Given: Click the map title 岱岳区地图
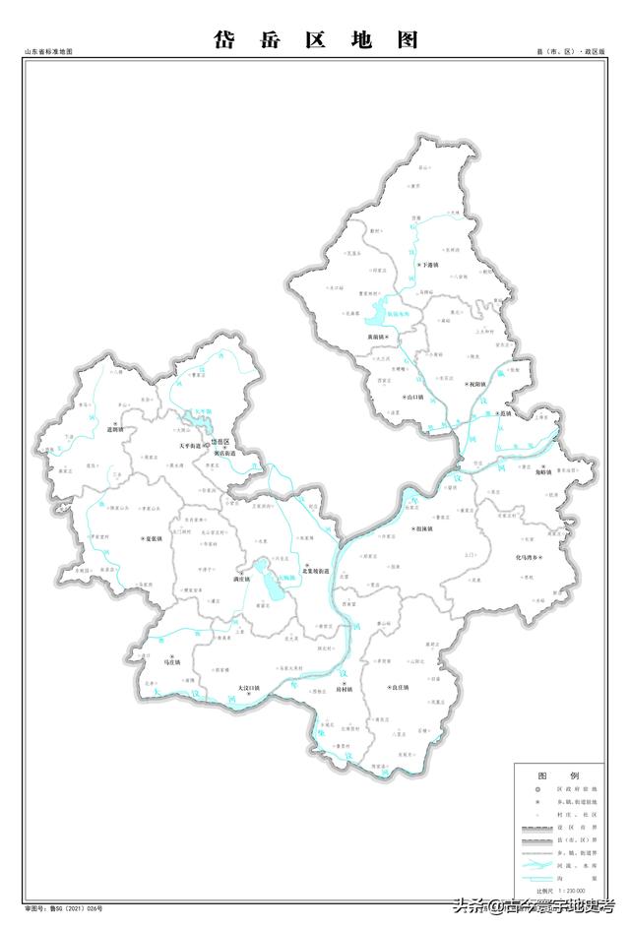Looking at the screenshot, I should [315, 39].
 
